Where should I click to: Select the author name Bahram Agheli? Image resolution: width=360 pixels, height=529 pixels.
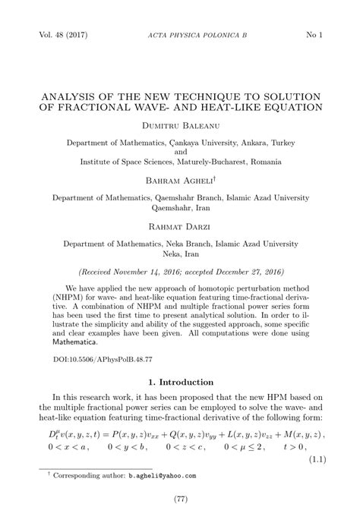tap(179, 180)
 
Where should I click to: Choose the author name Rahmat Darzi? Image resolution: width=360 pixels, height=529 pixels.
tap(180, 225)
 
